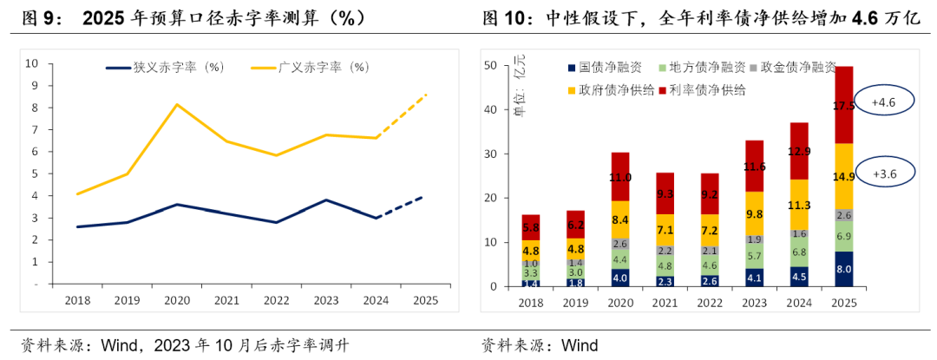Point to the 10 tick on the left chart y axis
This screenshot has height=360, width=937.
point(31,63)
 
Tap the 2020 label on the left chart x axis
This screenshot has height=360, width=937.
point(178,299)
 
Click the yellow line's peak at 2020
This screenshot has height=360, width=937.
point(178,105)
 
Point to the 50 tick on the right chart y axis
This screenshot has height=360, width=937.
point(490,65)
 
